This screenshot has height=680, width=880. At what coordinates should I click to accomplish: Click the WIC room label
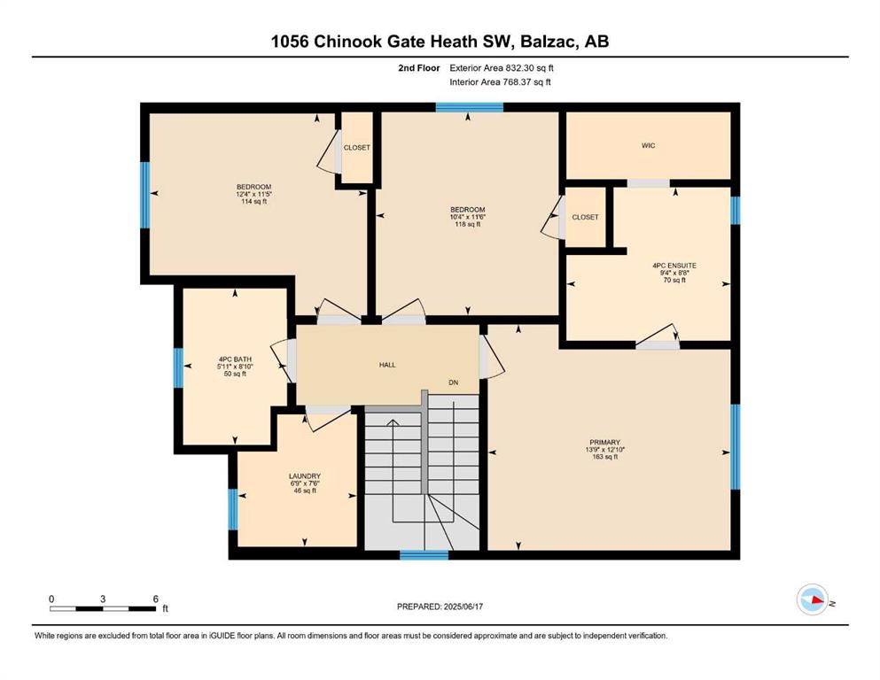click(648, 146)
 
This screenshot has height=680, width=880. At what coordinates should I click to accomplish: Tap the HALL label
click(387, 365)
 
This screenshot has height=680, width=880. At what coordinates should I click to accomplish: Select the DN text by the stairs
click(454, 382)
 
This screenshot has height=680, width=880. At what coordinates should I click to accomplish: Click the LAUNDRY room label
click(305, 476)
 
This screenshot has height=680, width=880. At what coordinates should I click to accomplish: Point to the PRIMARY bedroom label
click(605, 443)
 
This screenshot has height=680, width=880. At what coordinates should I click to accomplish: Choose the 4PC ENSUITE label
click(674, 266)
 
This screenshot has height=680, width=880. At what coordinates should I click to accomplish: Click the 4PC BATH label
click(235, 359)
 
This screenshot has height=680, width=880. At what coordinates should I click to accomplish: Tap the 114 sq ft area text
click(253, 201)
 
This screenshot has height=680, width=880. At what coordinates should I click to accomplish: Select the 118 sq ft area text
click(468, 224)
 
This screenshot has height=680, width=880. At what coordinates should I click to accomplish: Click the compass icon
click(813, 599)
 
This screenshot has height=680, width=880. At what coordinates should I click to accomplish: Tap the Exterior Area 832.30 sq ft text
click(502, 68)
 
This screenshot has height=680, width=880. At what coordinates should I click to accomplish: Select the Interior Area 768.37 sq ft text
click(500, 81)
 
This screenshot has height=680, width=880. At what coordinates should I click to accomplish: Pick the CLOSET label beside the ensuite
click(586, 217)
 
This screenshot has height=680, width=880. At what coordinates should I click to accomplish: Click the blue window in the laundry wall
click(233, 509)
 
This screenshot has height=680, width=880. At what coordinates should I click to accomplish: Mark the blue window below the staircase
click(424, 555)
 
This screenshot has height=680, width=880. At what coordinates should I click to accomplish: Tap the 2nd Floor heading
click(419, 68)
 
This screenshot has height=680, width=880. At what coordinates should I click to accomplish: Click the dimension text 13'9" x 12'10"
click(605, 450)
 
